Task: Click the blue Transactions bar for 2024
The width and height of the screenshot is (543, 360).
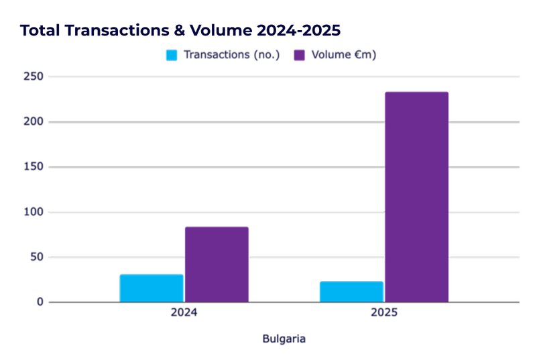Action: (152, 288)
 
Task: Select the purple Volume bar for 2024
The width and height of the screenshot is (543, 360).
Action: (217, 265)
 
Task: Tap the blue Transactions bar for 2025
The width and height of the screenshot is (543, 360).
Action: (351, 292)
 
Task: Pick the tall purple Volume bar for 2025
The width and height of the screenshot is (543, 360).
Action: (416, 197)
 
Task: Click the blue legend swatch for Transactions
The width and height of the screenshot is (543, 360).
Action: (172, 55)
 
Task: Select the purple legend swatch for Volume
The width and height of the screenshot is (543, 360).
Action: (300, 55)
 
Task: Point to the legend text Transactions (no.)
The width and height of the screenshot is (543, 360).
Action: (232, 55)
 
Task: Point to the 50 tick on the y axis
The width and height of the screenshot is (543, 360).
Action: (38, 257)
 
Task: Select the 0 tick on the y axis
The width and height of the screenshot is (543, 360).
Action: (41, 302)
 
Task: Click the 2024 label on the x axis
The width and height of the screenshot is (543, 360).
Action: (184, 313)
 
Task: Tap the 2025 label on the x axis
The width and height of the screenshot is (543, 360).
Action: (384, 313)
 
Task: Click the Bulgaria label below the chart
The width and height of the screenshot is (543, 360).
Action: (284, 339)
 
